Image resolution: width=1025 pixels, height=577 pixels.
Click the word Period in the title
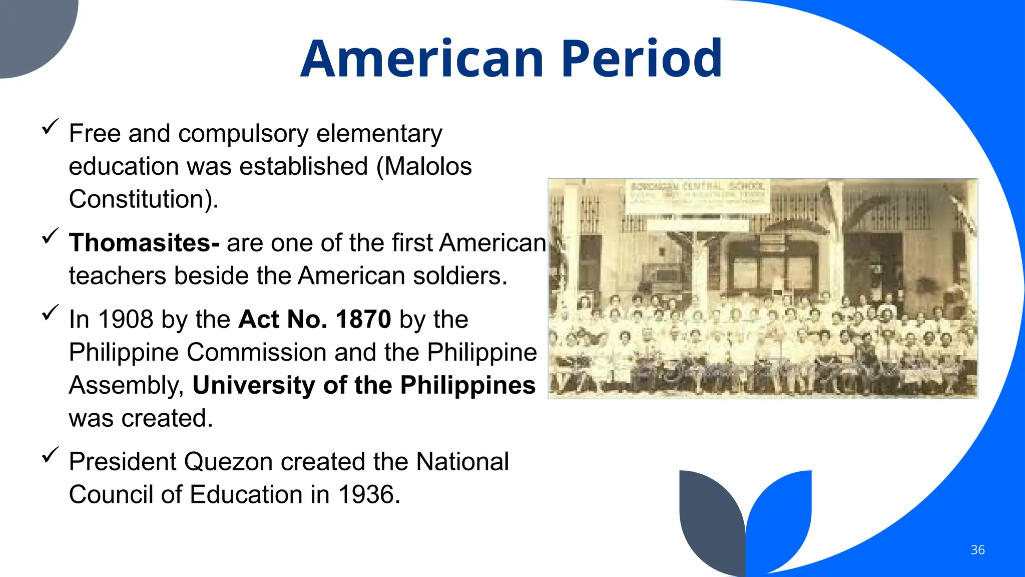[x=642, y=59]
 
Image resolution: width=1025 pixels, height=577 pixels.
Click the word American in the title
[x=422, y=59]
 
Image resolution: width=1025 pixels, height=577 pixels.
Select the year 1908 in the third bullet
[x=126, y=320]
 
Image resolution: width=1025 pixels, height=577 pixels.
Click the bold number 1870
[x=363, y=320]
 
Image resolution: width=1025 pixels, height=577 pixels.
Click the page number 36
[x=977, y=550]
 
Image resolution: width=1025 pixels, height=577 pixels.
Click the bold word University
[x=253, y=386]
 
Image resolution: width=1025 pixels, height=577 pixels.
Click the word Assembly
[x=125, y=386]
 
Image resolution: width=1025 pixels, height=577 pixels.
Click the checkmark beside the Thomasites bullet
[x=50, y=235]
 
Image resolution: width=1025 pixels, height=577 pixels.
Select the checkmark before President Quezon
[x=50, y=454]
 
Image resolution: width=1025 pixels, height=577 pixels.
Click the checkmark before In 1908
[x=50, y=313]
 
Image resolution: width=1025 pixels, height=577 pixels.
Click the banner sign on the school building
[x=698, y=196]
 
